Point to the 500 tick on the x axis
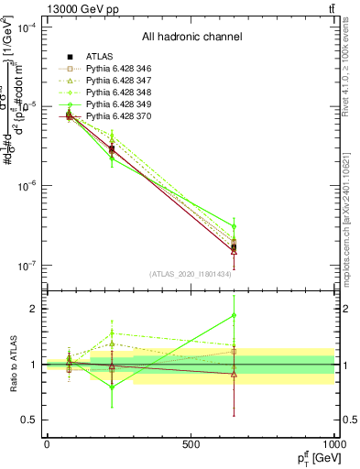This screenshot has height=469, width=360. [191, 444]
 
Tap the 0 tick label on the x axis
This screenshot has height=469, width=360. [47, 444]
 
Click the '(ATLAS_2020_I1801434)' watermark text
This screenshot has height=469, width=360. [191, 274]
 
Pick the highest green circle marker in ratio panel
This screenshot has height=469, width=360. [234, 315]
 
